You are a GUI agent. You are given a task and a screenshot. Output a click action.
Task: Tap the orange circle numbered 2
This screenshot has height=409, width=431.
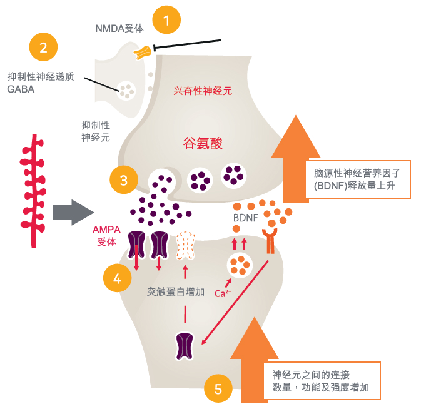tap(43, 48)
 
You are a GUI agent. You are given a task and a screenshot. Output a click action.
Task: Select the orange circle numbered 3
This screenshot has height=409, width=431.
tap(124, 181)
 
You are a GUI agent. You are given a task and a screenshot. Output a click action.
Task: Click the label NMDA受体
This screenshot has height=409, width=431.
tap(119, 28)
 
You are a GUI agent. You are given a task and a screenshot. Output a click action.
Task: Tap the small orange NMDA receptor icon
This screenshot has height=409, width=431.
tap(143, 53)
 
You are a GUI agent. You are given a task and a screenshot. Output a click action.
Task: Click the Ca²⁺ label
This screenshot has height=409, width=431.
tap(223, 293)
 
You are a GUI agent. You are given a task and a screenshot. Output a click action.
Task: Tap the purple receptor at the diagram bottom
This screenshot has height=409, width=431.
tap(185, 346)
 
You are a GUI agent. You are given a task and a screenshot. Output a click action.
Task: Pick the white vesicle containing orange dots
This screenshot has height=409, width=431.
tap(239, 265)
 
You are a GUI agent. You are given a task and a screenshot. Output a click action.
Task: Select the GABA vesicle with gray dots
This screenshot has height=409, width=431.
tap(128, 91)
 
